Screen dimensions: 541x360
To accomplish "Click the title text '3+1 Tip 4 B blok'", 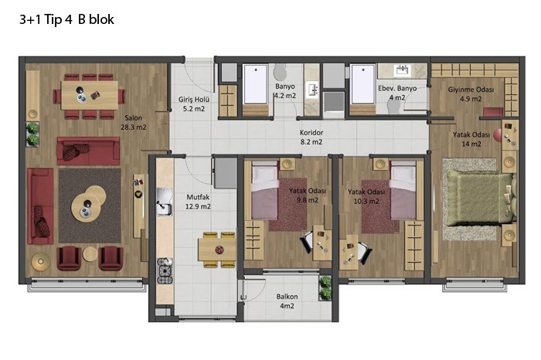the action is click(x=66, y=19).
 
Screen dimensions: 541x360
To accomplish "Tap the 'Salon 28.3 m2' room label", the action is click(x=133, y=122).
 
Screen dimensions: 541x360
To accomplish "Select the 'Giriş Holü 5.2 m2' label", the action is click(x=193, y=104).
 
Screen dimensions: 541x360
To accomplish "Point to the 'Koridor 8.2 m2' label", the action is click(x=311, y=137).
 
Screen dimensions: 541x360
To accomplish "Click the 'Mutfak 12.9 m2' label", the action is click(x=198, y=202).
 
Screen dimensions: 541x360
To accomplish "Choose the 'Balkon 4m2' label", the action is click(x=287, y=301).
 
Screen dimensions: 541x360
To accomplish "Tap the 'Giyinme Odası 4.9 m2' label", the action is click(x=471, y=94).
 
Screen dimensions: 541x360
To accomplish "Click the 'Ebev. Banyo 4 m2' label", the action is click(x=397, y=93).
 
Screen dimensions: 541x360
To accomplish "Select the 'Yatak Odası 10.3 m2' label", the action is click(x=366, y=196).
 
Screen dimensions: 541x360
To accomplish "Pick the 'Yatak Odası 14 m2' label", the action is click(x=471, y=139).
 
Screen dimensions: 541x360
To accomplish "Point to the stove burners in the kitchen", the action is click(x=165, y=271).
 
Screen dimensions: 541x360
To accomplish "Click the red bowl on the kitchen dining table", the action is click(x=219, y=250).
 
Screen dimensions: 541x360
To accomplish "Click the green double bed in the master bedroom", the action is click(x=480, y=199).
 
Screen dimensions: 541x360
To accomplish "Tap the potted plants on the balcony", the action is click(x=325, y=288).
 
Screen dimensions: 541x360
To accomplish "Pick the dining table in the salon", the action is click(x=90, y=95).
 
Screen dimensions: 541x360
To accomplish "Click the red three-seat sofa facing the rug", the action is click(x=88, y=151).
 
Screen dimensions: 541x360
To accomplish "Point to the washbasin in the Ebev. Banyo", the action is click(x=403, y=70).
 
